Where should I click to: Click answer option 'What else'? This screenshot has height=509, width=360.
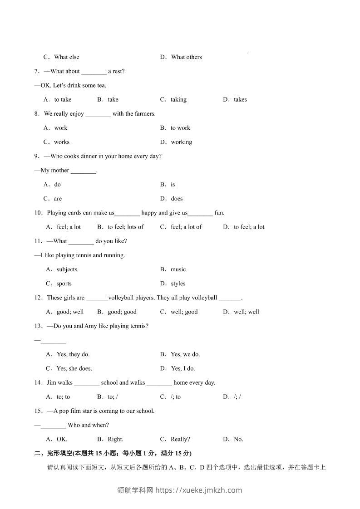66,57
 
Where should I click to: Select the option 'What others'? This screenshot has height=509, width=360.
186,57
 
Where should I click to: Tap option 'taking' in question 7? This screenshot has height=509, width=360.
178,100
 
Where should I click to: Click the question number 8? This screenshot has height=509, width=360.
37,114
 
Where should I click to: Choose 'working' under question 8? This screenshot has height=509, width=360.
181,142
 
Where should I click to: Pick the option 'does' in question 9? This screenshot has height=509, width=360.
177,199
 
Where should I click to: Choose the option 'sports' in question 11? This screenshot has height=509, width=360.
64,284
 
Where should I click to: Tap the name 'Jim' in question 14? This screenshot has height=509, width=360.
51,383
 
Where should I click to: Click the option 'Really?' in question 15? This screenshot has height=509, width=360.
180,439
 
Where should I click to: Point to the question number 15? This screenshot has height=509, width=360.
38,411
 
